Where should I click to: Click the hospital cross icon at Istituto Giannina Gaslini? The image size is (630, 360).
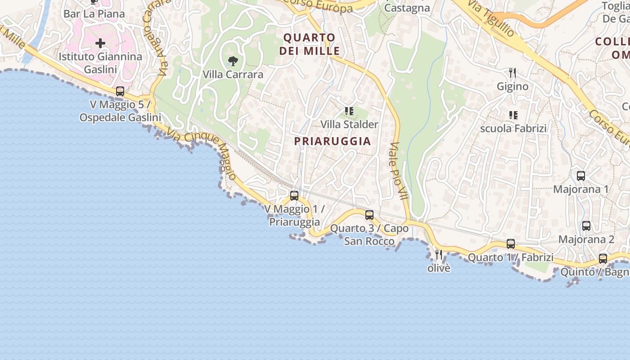(x=100, y=43)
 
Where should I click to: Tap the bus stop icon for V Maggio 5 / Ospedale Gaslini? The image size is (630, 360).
(x=120, y=91)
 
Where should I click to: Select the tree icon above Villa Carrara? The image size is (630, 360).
(x=233, y=61)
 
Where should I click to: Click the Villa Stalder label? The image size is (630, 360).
(x=349, y=124)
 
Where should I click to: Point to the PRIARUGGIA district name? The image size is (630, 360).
(x=333, y=141)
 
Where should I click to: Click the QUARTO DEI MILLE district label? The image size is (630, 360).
(x=310, y=44)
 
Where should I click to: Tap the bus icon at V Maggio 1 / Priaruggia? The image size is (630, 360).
(x=294, y=196)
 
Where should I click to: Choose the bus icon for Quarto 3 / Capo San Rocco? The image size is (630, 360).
(x=369, y=215)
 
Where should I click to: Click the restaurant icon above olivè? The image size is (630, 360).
(x=439, y=254)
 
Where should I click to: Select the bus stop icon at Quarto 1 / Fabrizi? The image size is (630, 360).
(x=511, y=244)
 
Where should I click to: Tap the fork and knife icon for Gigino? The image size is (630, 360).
(x=512, y=72)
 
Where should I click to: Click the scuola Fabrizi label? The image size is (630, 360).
(x=513, y=129)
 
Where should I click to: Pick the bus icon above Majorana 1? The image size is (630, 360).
(x=581, y=176)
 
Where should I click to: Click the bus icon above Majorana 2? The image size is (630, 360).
(x=586, y=226)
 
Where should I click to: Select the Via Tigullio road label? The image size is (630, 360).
(x=491, y=18)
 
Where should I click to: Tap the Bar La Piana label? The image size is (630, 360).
(x=94, y=14)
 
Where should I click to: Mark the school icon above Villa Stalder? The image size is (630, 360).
(x=349, y=111)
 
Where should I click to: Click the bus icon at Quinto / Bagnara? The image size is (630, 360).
(x=603, y=259)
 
